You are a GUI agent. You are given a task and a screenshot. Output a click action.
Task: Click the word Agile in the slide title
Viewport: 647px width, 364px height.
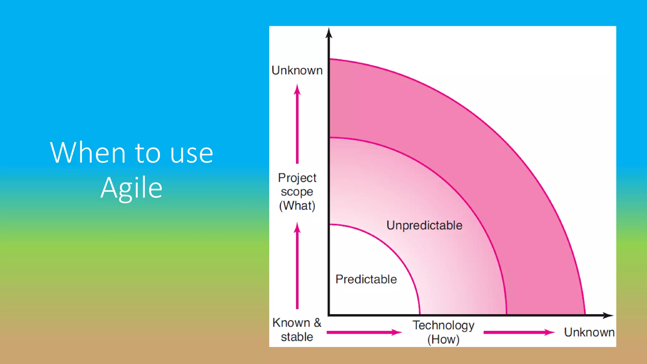coord(131,188)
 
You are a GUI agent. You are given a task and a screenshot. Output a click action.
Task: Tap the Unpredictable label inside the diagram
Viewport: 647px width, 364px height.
coord(424,226)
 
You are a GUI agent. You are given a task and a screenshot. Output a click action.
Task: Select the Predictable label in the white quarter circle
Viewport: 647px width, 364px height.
coord(366,279)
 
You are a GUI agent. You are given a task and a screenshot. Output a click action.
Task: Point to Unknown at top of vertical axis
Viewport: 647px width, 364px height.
coord(297,70)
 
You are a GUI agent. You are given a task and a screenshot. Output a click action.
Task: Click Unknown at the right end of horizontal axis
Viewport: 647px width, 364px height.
coord(589,332)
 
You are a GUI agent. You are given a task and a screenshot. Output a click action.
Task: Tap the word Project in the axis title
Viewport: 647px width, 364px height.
coord(297,178)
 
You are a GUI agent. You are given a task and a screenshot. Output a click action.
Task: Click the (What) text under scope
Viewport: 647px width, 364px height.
coord(297,206)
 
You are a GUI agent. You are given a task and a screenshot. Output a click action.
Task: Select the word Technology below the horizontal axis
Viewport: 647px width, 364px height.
coord(443,325)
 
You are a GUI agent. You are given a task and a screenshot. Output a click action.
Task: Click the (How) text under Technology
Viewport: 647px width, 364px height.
coord(443,340)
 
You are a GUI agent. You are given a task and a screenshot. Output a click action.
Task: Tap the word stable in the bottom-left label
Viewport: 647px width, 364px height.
coord(297,337)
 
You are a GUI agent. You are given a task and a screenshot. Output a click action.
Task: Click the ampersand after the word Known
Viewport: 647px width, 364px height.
coord(317,323)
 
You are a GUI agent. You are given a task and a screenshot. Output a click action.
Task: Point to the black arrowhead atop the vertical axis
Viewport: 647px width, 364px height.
coord(329,33)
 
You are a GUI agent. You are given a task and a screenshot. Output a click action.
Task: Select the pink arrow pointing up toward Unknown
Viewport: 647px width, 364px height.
coord(297,123)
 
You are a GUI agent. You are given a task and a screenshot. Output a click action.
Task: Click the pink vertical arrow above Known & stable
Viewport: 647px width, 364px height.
coord(297,265)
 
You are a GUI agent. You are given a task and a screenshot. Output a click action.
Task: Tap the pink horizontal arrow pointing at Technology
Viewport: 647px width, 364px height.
coord(363,332)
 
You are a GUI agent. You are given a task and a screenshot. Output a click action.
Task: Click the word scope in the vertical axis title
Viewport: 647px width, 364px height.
coord(297,192)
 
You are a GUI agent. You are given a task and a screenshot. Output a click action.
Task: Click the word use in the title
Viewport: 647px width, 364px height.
coord(191,154)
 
